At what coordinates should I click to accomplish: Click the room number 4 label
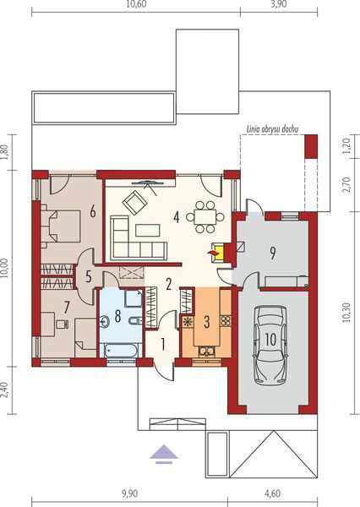point(176,216)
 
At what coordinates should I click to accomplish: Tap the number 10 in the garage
point(270,338)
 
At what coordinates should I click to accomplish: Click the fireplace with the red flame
point(216,250)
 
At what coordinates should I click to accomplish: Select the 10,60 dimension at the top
point(135,6)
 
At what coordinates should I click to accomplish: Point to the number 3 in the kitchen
point(205,322)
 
